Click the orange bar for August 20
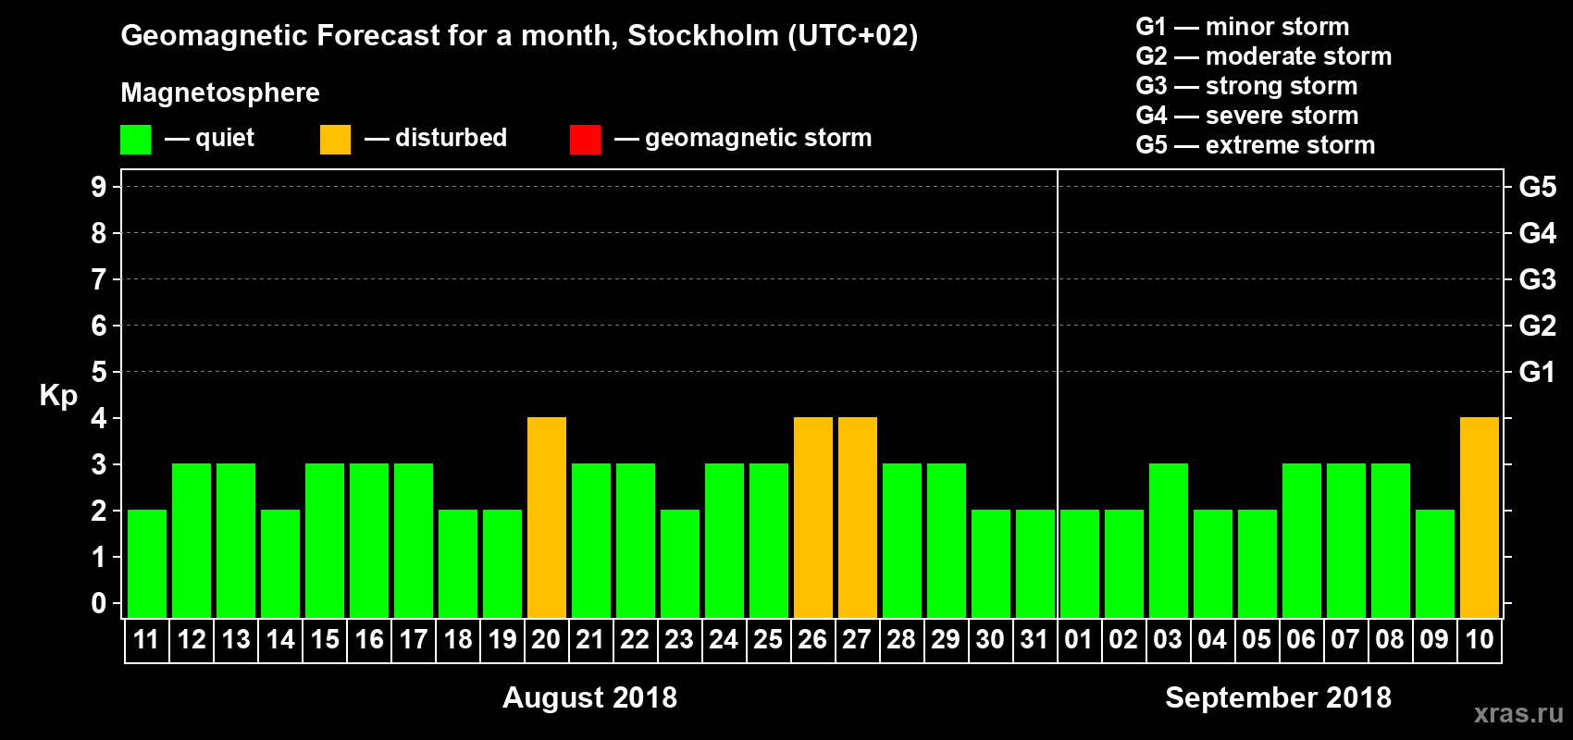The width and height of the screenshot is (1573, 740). click(x=546, y=518)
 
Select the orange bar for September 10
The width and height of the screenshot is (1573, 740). click(x=1479, y=518)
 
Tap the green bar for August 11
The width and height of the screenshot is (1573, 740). click(x=146, y=564)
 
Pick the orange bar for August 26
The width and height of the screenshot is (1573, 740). click(x=812, y=518)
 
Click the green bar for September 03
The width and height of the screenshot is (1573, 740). click(x=1168, y=541)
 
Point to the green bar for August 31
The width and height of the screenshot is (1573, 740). click(x=1034, y=564)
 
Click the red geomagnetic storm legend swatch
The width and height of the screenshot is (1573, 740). click(x=585, y=140)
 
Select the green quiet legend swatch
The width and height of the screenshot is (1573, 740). click(x=135, y=140)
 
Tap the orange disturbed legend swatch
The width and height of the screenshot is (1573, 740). click(x=335, y=140)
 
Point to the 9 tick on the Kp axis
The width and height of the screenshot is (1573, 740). click(x=99, y=187)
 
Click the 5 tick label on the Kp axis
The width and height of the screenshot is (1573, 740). click(x=99, y=372)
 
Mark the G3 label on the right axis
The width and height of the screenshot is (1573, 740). click(x=1537, y=279)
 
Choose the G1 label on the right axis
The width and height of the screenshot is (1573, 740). click(x=1537, y=372)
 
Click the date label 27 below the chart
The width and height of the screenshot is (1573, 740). click(x=857, y=639)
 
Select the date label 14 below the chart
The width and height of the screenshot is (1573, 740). click(x=280, y=639)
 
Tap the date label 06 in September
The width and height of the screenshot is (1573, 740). click(x=1301, y=639)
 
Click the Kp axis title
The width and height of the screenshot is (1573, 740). click(x=58, y=395)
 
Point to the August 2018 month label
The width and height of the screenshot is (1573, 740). click(x=589, y=697)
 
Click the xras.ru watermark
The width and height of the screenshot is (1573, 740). click(x=1518, y=713)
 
